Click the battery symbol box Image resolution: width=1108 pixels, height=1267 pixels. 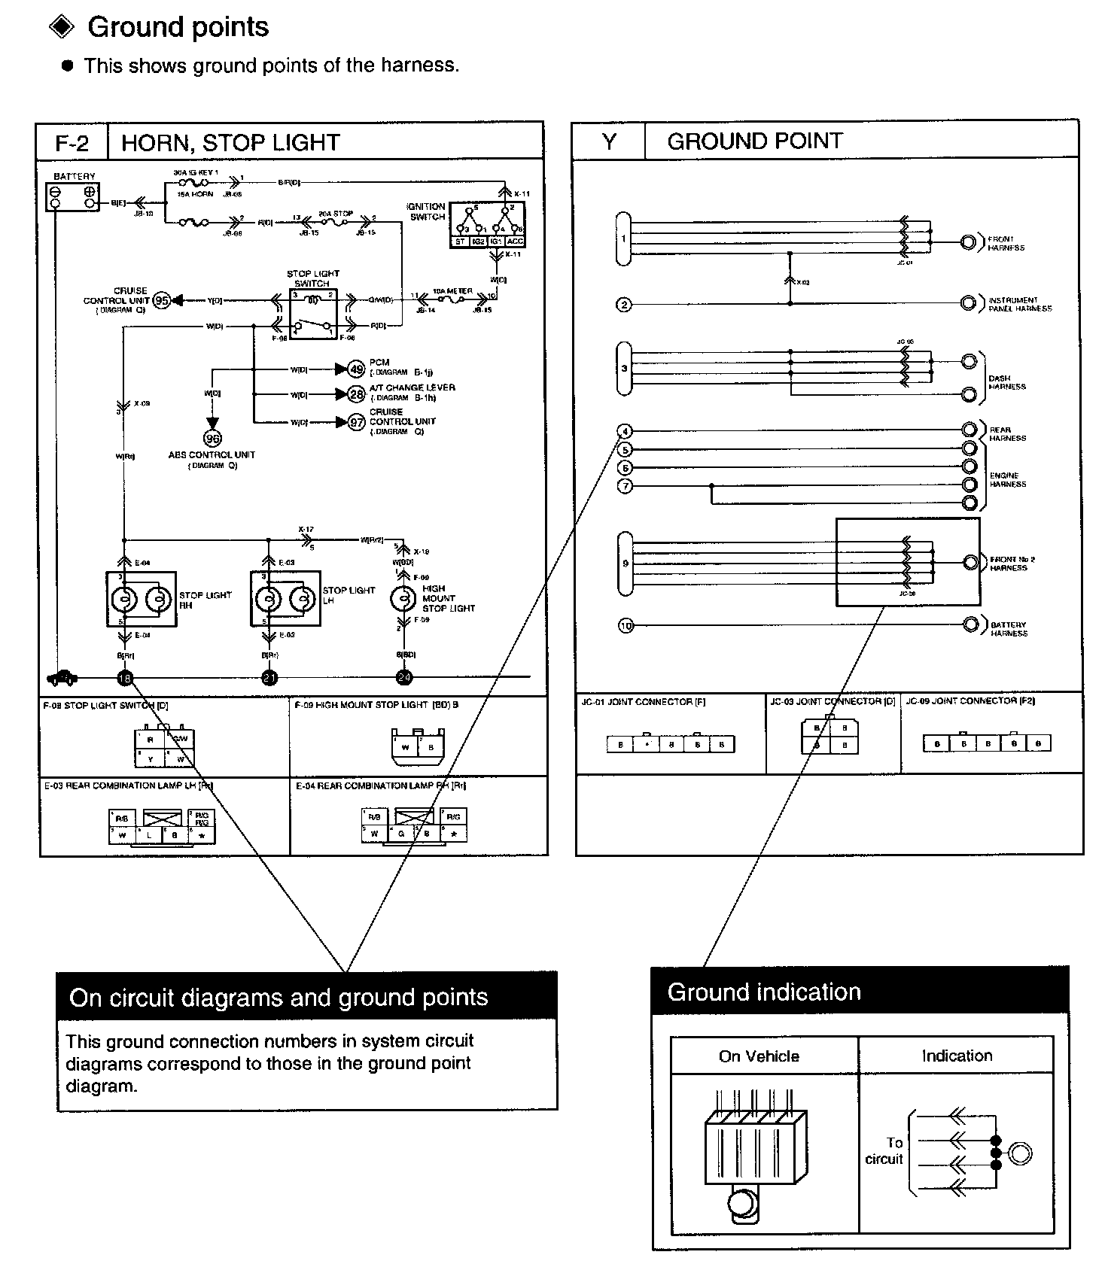coord(72,196)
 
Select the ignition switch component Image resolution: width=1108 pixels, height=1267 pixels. coord(487,223)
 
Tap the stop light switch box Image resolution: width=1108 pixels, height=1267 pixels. coord(313,313)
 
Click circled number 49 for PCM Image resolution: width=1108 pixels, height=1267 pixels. coord(356,369)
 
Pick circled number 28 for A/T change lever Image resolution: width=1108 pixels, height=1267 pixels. coord(356,394)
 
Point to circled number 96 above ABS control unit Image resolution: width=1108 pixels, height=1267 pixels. coord(213,439)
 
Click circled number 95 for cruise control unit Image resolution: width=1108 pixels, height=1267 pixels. coord(161,301)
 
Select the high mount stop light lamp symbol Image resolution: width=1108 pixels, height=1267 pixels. coord(403,599)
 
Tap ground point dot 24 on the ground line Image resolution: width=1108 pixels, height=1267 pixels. coord(404,678)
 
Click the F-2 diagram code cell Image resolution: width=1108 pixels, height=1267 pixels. coord(72,142)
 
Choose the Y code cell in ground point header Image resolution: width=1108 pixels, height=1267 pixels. coord(609,141)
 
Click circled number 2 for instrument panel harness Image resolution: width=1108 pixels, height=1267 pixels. coord(624,305)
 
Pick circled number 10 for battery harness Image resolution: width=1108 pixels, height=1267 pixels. coord(626,625)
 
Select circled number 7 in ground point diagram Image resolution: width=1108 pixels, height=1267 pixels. coord(625,486)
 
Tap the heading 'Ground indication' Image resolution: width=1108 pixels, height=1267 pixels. coord(764,992)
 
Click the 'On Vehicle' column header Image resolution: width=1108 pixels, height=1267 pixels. coord(759,1056)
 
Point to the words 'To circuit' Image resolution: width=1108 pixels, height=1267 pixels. coord(885,1151)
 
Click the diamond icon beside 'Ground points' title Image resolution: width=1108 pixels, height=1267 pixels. coord(62,27)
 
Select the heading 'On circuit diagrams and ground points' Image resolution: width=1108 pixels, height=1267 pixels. coord(279,998)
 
